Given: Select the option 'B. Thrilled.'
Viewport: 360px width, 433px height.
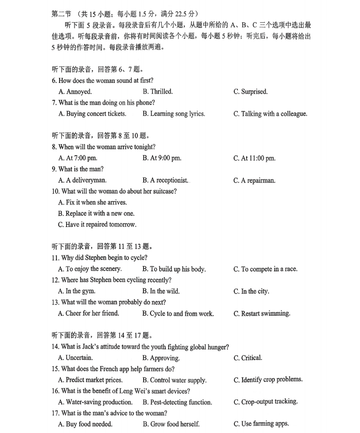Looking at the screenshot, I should point(157,92).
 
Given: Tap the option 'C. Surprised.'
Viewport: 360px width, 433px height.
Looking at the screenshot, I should point(250,92).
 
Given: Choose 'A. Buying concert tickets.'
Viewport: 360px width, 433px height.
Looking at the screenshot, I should point(92,114).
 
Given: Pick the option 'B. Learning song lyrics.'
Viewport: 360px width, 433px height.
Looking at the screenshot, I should point(173,114).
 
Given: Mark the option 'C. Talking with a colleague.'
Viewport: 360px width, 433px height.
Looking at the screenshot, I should point(270,114).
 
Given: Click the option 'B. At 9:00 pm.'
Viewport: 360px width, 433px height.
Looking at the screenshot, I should point(162,158).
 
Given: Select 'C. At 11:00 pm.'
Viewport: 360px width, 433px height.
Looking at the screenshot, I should point(254,158).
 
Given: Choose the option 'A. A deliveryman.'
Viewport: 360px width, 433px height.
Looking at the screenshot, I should point(82,181).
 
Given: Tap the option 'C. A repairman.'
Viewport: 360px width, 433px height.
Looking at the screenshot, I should point(254,181).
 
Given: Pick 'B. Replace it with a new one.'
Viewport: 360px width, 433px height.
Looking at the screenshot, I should point(96,213).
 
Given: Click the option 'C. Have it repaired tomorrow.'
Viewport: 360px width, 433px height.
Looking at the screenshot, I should point(97,225).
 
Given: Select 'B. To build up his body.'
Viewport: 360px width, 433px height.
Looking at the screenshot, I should point(174,269).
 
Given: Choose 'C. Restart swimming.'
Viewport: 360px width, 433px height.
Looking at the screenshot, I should point(262,314).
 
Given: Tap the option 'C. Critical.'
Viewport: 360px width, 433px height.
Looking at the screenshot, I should point(248,358).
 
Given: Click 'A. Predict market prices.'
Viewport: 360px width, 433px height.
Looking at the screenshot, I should point(90,380).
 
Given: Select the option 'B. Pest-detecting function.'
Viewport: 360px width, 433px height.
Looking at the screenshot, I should point(177,402).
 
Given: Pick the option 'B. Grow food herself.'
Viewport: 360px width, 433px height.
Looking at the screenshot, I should point(171,424).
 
